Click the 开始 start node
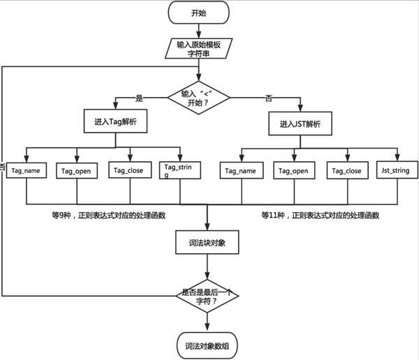[x=208, y=13]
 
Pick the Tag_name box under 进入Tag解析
[x=27, y=170]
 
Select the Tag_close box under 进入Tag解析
[x=128, y=170]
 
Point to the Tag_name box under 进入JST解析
[x=240, y=170]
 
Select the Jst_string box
[x=399, y=170]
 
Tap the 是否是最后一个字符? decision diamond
[x=208, y=296]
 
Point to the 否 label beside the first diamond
[x=269, y=98]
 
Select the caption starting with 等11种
[x=321, y=216]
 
